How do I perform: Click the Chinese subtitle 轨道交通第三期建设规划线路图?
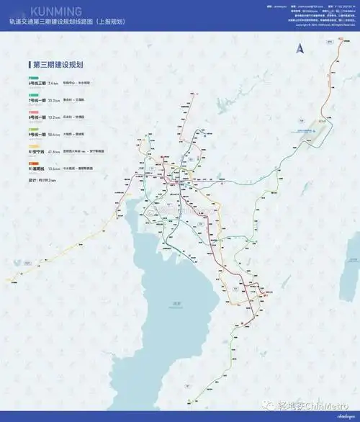pos(69,22)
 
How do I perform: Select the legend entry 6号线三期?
pos(39,84)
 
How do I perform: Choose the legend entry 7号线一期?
pos(39,100)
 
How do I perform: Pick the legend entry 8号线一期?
pos(39,117)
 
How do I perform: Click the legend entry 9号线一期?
pos(39,133)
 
